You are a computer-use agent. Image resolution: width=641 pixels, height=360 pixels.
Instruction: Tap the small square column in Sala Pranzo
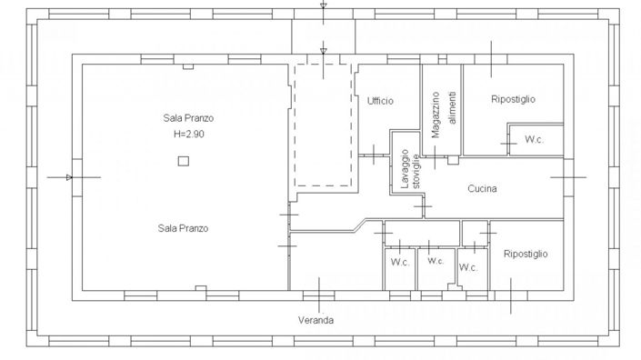[184, 161]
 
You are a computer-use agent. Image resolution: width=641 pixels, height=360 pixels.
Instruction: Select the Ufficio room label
[380, 101]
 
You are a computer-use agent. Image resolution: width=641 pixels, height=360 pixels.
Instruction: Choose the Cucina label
[507, 189]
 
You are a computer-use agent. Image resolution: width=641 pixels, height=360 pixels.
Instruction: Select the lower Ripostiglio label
[525, 255]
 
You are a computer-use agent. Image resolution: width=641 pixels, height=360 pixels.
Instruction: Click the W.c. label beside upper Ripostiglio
[533, 140]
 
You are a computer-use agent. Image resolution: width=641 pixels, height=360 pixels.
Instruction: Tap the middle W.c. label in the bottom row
[434, 261]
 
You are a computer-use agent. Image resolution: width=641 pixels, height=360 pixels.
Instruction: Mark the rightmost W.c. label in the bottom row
[468, 268]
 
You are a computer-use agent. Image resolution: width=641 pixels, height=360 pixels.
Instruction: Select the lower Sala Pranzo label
[184, 228]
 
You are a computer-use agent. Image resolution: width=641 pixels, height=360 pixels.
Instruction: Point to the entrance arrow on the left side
[70, 176]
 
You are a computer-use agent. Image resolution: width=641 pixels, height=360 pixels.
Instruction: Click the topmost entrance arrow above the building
[323, 8]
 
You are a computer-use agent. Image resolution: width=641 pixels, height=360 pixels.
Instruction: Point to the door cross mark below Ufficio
[376, 155]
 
